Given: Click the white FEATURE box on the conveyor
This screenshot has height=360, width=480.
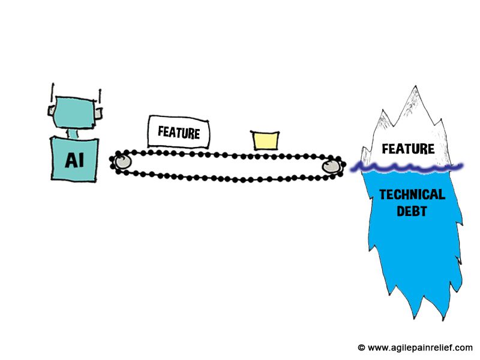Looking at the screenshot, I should coord(179,131).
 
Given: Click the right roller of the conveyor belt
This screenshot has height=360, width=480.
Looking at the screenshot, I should coord(331,166).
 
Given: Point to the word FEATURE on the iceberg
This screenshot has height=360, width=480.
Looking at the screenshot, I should coord(408,148).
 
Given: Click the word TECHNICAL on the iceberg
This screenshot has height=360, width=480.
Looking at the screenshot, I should coord(412,194).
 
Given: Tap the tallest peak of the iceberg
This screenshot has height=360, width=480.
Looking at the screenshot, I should coord(414,90).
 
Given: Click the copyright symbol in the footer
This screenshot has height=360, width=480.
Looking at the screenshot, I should coord(361,347).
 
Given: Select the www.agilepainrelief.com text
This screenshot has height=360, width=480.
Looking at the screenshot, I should coord(420,347).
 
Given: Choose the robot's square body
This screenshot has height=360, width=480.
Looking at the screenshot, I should coord(74,158).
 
